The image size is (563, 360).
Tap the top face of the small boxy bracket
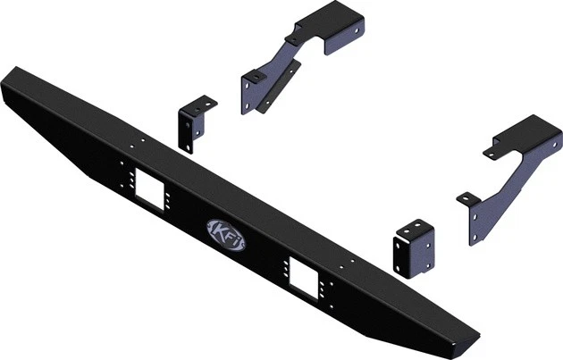click(x=416, y=226)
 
